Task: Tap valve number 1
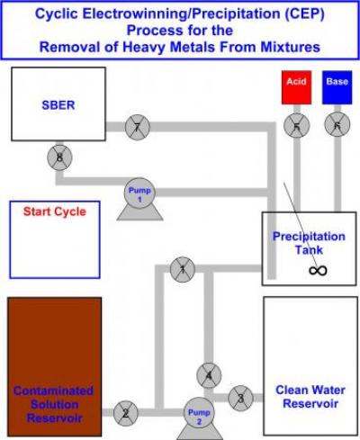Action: (183, 268)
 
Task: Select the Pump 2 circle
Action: (198, 413)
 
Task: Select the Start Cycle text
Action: (55, 212)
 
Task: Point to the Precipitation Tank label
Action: (309, 243)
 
